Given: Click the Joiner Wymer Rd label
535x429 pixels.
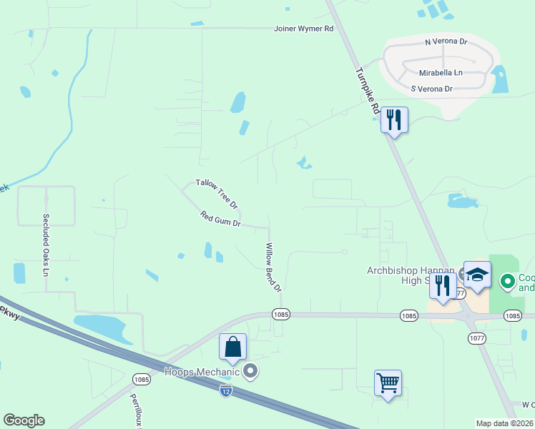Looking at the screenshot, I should [x=304, y=29].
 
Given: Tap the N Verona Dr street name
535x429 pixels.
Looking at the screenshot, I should [x=446, y=42].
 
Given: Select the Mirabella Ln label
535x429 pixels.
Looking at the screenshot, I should [x=441, y=73].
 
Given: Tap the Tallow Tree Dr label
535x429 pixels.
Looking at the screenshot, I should [x=217, y=194].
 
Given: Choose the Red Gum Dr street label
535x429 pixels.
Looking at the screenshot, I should [x=220, y=220].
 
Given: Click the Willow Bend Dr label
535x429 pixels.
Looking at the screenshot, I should [x=273, y=267].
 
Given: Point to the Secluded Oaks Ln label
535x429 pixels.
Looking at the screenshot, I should [x=45, y=245].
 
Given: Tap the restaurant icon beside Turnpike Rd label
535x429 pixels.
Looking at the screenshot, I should [x=393, y=119].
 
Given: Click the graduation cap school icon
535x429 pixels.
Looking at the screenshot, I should [x=477, y=275].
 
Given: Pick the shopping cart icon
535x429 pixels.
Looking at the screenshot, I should [x=388, y=383].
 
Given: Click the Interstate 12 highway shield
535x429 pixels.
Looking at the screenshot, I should [x=226, y=390].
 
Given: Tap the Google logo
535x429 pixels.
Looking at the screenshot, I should [x=24, y=420].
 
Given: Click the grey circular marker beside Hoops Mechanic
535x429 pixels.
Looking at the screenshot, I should [x=250, y=370].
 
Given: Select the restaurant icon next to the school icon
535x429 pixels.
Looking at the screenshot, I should [x=443, y=287].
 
